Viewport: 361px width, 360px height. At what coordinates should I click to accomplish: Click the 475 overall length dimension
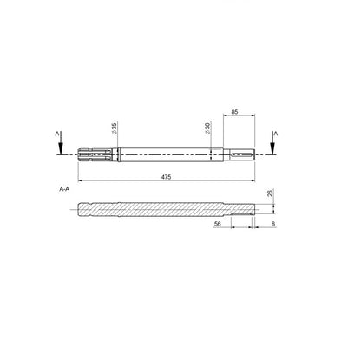[x=166, y=177]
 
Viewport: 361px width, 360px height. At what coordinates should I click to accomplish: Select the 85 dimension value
[x=235, y=112]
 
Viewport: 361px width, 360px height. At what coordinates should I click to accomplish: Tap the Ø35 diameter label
[x=114, y=128]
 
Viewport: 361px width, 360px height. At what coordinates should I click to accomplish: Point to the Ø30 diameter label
[x=207, y=128]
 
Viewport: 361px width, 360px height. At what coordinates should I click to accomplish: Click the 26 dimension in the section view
[x=270, y=193]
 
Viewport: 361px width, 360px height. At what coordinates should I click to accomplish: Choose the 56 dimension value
[x=217, y=224]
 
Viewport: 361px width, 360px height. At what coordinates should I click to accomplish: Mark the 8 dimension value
[x=273, y=224]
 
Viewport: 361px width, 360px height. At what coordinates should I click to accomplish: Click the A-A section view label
[x=64, y=189]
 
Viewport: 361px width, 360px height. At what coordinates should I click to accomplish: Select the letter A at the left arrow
[x=57, y=134]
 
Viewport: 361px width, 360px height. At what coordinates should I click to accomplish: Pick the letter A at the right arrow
[x=276, y=134]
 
